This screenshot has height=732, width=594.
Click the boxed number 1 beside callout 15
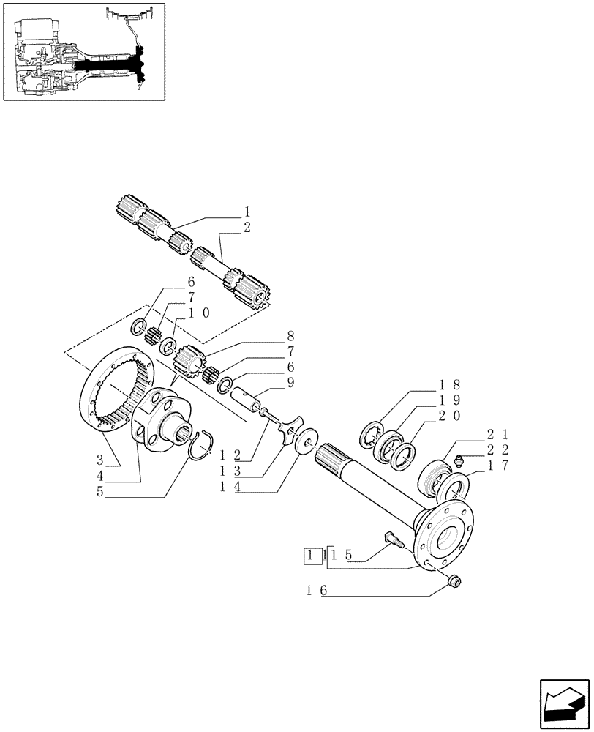(313, 556)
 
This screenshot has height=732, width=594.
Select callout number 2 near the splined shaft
(247, 227)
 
